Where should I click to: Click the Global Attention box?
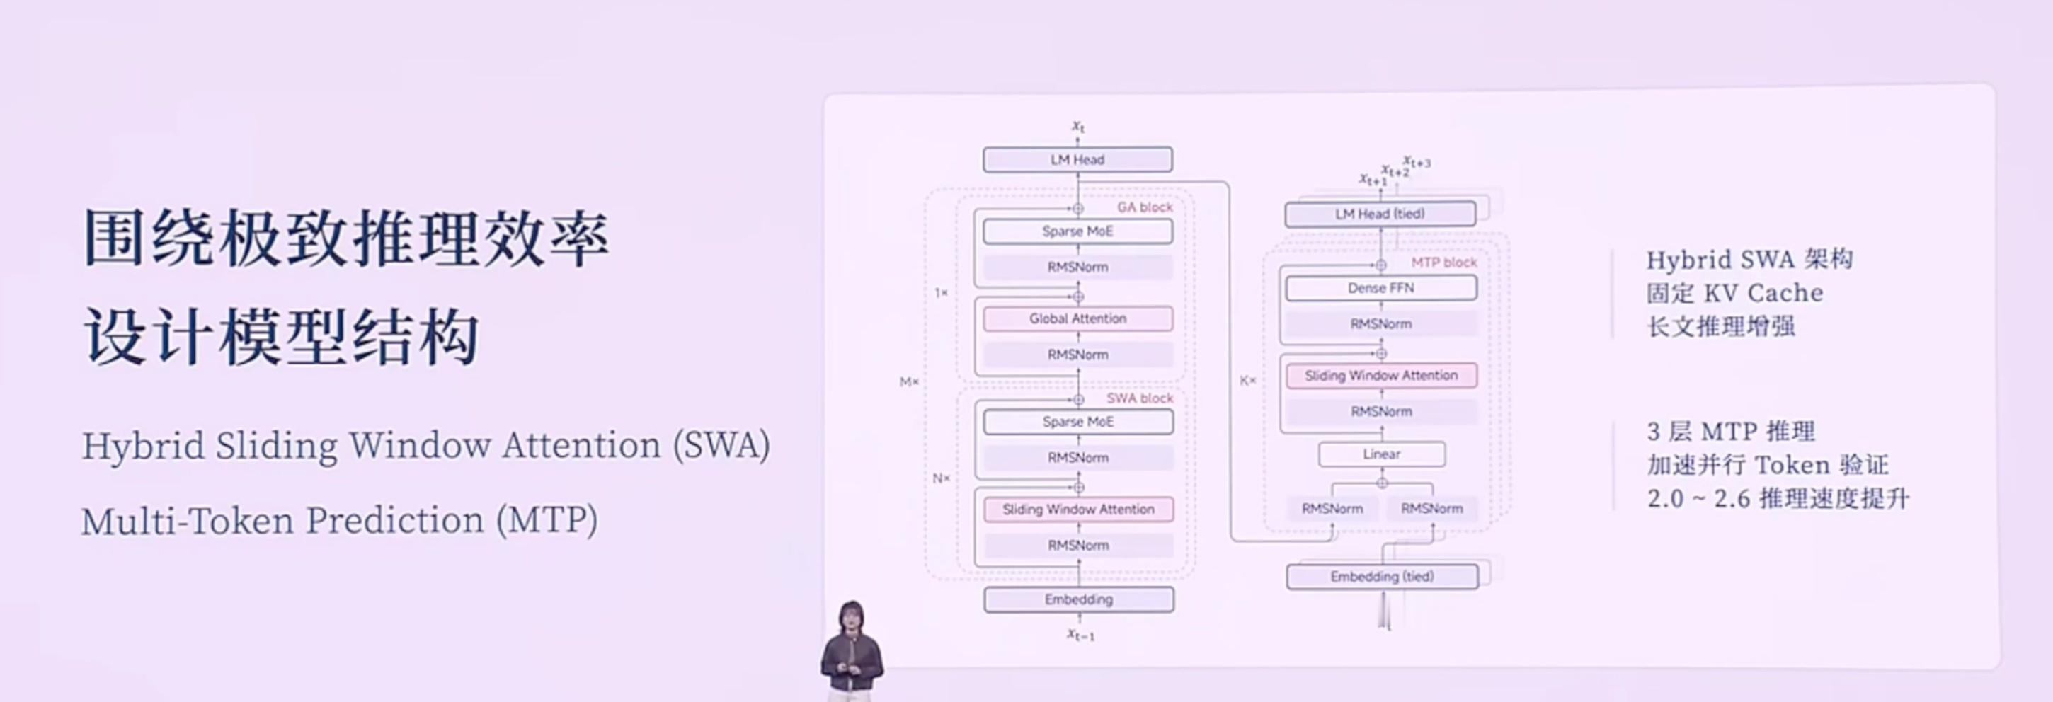[1077, 318]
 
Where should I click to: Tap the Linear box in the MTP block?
[1381, 454]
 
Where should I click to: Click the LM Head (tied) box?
[1380, 214]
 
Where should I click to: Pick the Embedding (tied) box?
[1381, 576]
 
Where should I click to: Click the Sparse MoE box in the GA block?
[1077, 231]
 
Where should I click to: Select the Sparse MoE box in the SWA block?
[1077, 422]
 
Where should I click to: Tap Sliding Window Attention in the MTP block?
[1380, 375]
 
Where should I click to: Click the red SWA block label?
[1139, 398]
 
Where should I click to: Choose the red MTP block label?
[1443, 262]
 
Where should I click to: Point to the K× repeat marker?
[1247, 381]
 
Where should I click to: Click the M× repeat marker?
[908, 381]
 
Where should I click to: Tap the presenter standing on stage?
[851, 650]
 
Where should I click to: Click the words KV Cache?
[1763, 293]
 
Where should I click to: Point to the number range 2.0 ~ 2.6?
[1698, 499]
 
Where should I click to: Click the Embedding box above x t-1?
[1078, 599]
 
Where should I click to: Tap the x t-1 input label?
[1080, 635]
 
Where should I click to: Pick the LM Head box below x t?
[1077, 159]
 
